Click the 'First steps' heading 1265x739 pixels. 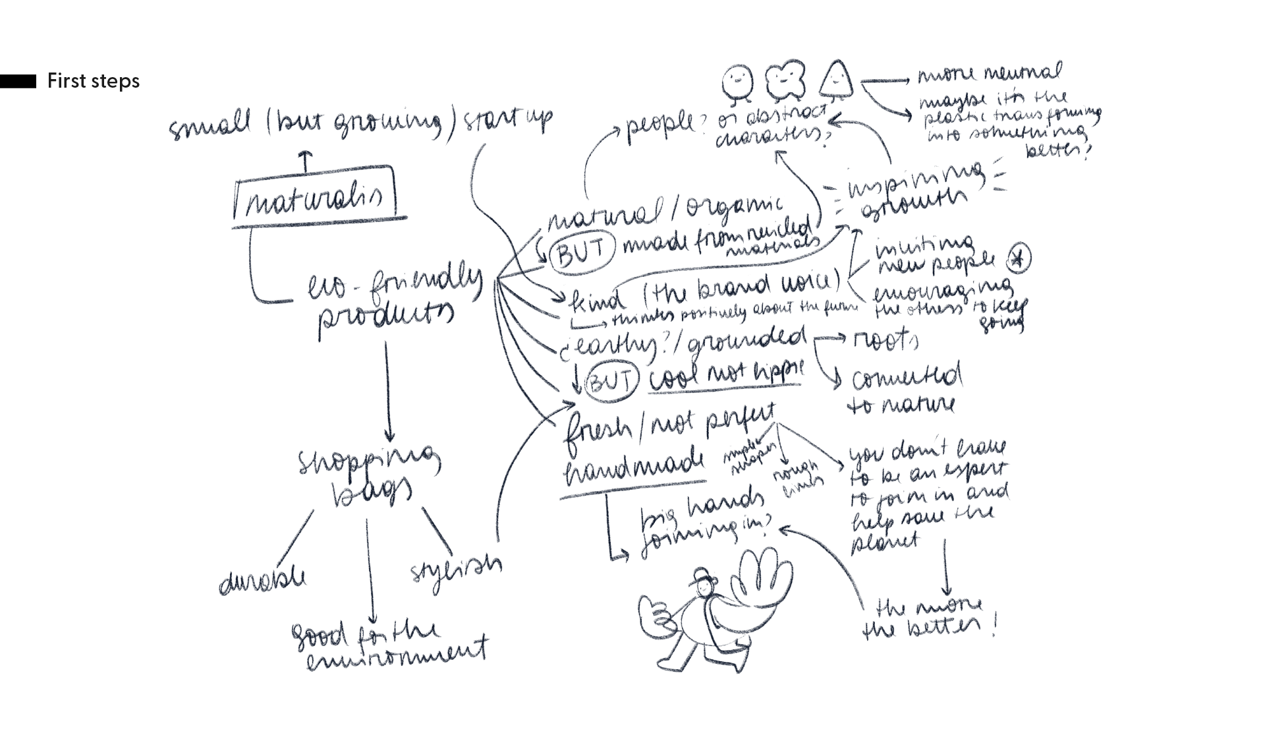(x=93, y=81)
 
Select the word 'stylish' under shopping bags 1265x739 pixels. (x=455, y=568)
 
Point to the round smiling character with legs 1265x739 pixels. (x=736, y=84)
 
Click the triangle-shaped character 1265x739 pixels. (x=835, y=80)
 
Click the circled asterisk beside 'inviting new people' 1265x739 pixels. (x=1019, y=260)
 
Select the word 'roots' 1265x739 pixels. (x=885, y=341)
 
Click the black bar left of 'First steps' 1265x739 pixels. (x=18, y=81)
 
